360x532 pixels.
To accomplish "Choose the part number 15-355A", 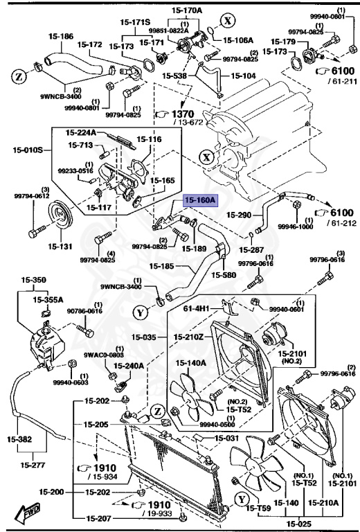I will pos(49,299).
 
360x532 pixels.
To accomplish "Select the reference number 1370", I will pos(182,113).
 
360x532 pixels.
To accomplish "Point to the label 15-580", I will pos(225,275).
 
